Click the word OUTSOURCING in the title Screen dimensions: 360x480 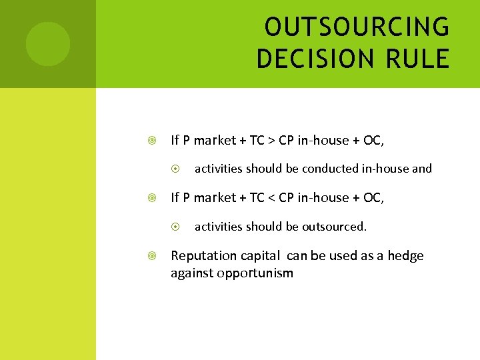click(357, 27)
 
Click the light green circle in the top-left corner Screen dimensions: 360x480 click(47, 44)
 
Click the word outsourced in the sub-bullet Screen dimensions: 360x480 click(334, 227)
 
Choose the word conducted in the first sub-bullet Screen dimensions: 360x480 click(327, 169)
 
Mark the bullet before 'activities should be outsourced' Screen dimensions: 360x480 click(175, 227)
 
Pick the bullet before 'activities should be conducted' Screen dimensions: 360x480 click(175, 169)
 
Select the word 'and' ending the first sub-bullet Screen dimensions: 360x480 click(422, 169)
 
